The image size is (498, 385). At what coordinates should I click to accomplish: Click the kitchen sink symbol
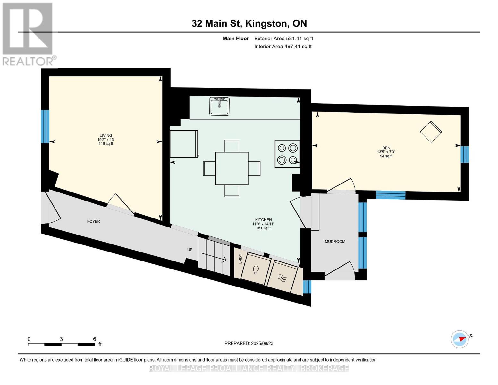click(x=219, y=106)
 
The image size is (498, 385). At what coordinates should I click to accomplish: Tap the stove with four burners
click(x=287, y=154)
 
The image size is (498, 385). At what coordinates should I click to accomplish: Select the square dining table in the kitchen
click(x=232, y=168)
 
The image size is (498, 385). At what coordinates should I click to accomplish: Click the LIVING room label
click(x=106, y=135)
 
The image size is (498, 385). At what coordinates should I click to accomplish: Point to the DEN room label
click(x=386, y=148)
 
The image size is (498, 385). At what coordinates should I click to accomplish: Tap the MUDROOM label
click(x=335, y=242)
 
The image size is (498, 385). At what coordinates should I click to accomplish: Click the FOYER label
click(x=94, y=221)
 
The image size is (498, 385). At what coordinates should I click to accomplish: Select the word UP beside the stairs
click(x=190, y=250)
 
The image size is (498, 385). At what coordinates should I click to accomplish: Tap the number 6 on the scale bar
click(x=94, y=339)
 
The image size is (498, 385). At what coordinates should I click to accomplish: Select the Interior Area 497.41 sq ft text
click(x=283, y=47)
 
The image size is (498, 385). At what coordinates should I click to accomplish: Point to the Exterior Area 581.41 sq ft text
click(x=284, y=38)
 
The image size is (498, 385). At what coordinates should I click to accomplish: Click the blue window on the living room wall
click(x=45, y=127)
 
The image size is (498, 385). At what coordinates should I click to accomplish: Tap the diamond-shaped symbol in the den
click(x=431, y=132)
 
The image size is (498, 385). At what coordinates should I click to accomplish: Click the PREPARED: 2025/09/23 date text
click(x=249, y=343)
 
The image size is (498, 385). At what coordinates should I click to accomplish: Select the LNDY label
click(x=240, y=259)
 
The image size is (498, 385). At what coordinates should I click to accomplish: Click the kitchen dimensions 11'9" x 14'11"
click(x=264, y=224)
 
